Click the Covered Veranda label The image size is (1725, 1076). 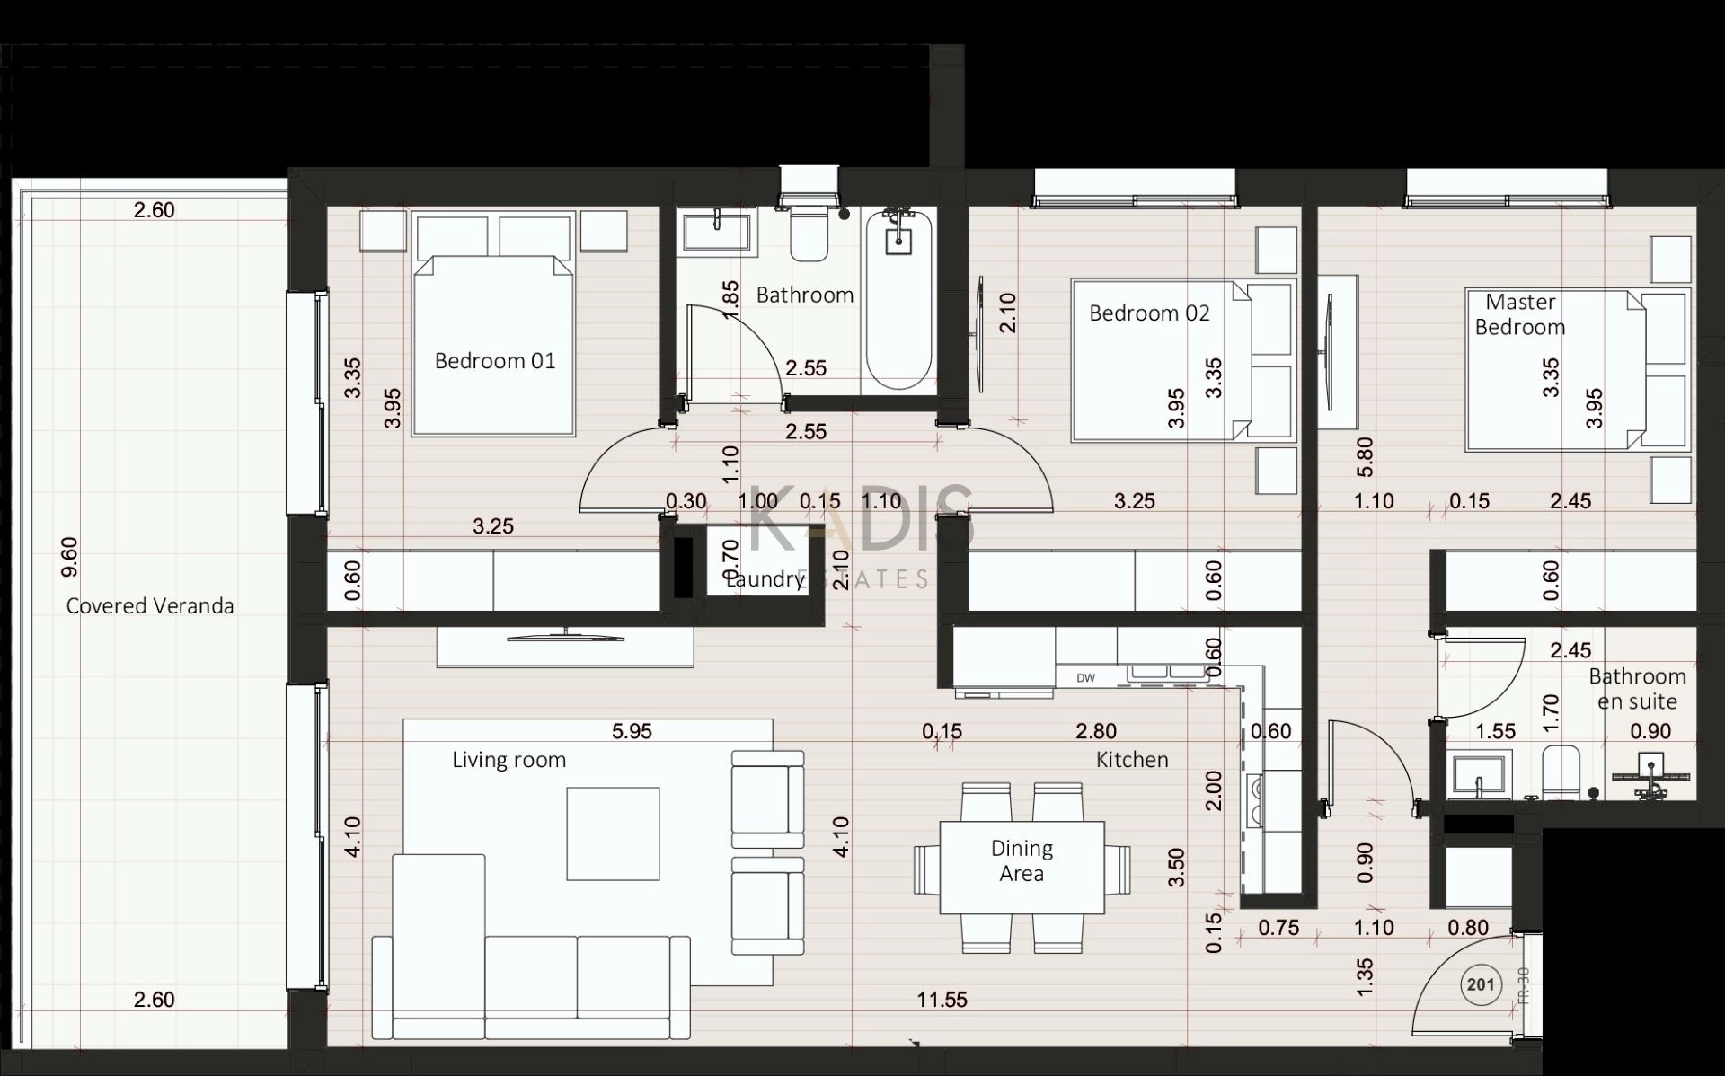coord(150,606)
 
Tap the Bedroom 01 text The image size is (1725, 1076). coord(495,361)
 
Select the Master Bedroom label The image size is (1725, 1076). coord(1520,314)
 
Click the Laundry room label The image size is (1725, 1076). coord(765,579)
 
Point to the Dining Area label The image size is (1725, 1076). coord(1022,860)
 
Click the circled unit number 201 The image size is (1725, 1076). coord(1480,985)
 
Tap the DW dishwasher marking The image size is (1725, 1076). coord(1086,678)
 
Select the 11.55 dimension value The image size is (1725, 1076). coord(942,1000)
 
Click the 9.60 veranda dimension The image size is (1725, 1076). coord(69,557)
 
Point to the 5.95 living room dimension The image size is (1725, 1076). coord(632,732)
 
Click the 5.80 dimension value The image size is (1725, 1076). coord(1365,456)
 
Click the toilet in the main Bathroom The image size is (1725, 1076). coord(809,233)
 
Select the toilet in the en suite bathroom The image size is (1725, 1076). coord(1561,771)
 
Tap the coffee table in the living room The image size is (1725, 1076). coord(613,833)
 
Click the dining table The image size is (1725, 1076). coord(1022,867)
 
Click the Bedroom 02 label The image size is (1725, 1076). coord(1149,313)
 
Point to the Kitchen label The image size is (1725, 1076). coord(1132,760)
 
